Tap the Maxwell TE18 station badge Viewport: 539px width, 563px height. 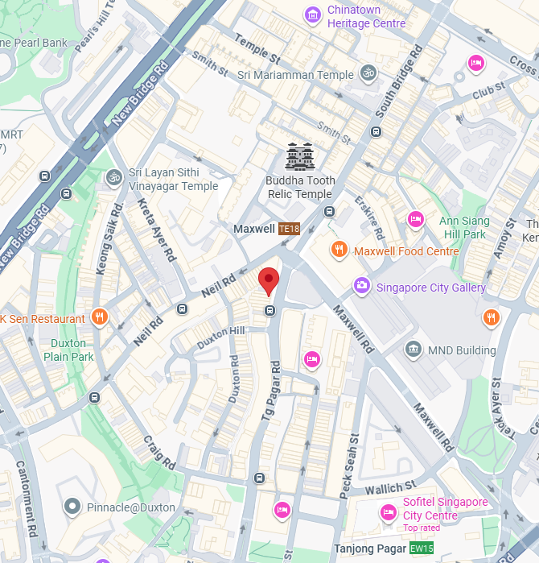289,229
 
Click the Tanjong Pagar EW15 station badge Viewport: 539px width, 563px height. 421,549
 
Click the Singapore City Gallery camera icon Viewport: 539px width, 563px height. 362,286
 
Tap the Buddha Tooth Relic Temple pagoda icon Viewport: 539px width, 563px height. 300,157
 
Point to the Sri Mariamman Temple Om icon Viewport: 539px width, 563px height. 368,73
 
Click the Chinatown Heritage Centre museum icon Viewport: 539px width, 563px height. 312,14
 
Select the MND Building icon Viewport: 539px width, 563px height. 414,350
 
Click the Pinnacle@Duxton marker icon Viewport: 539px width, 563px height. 72,507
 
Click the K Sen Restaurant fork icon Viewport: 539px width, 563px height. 99,318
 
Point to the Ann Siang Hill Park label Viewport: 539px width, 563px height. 463,227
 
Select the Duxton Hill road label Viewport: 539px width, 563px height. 221,337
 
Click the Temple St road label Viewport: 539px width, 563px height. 257,48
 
